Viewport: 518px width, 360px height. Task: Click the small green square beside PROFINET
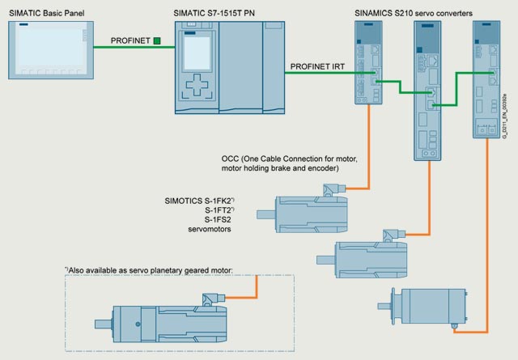pos(156,40)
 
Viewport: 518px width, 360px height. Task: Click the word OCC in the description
pos(231,158)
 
